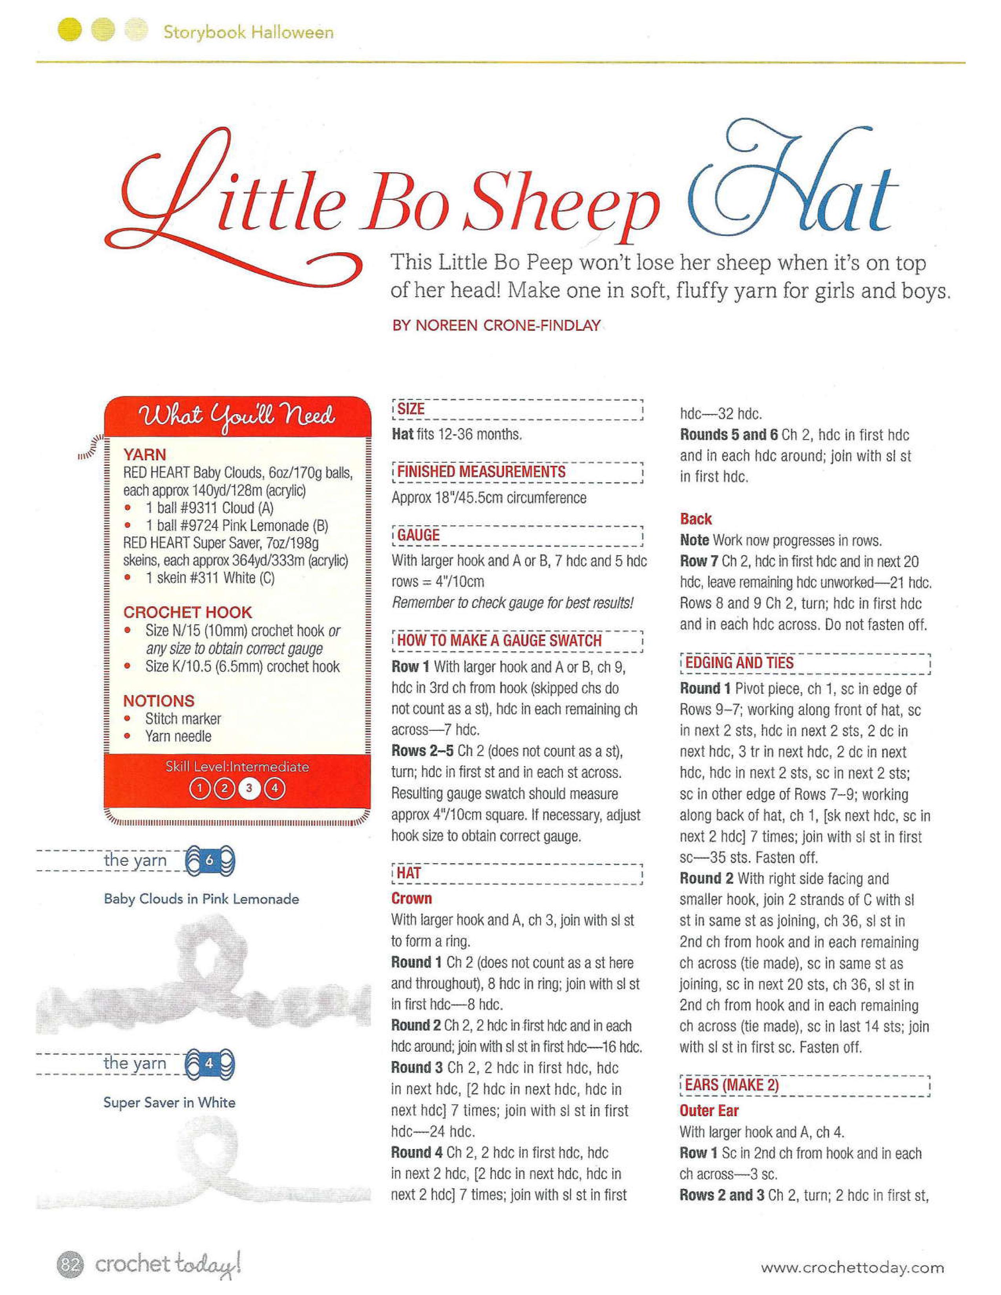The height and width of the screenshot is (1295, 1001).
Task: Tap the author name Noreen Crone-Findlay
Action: click(x=496, y=326)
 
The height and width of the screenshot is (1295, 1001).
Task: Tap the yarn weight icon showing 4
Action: click(x=210, y=1063)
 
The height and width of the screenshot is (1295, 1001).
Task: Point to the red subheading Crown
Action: click(x=411, y=898)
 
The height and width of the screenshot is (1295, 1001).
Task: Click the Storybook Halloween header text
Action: click(x=248, y=32)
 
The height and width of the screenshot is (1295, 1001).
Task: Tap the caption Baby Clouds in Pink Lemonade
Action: click(x=201, y=899)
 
